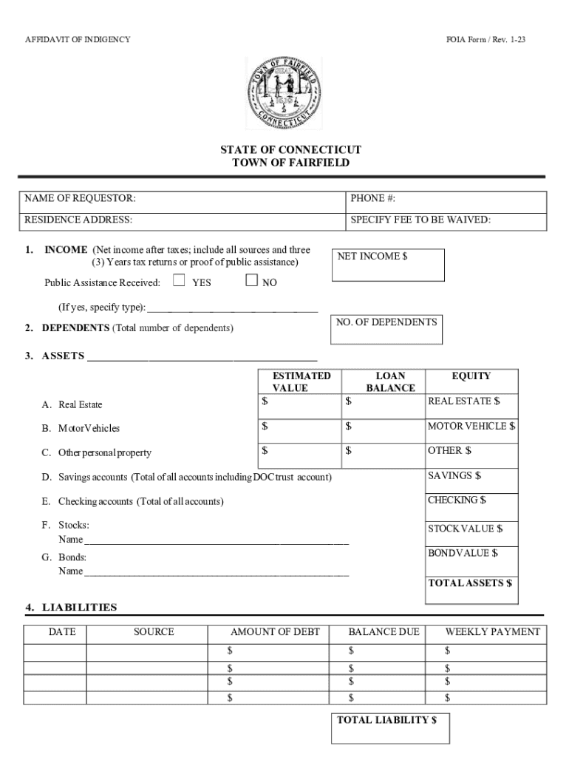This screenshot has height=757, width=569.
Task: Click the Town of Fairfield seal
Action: click(284, 93)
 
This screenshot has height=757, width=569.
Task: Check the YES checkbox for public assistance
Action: click(179, 281)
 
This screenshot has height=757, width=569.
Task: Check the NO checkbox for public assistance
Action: click(251, 281)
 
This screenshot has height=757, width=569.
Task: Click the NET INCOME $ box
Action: click(388, 265)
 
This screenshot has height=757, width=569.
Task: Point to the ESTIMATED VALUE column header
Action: click(301, 381)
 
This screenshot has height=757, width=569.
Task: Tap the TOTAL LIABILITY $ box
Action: click(390, 728)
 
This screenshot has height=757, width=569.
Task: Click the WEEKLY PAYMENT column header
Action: click(492, 632)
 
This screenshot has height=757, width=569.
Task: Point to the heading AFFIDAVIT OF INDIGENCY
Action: click(78, 39)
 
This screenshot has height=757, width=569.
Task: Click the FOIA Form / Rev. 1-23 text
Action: click(485, 39)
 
